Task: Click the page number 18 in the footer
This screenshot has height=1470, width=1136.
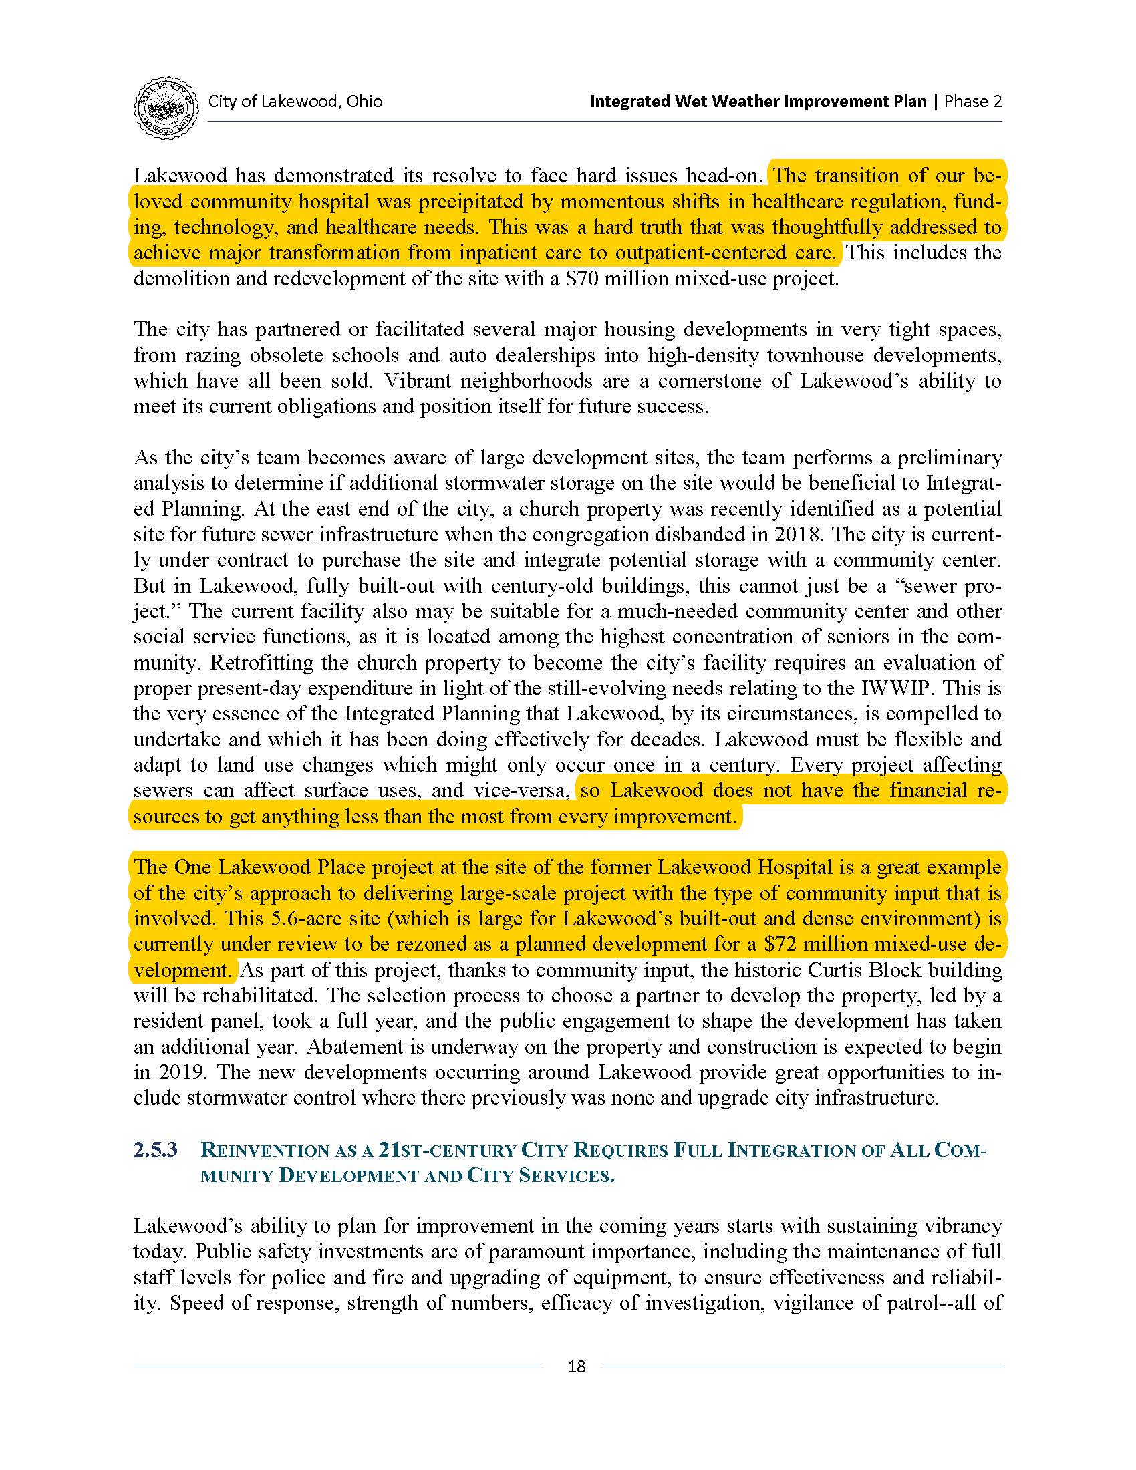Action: (x=577, y=1366)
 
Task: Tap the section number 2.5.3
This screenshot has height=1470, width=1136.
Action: (x=156, y=1150)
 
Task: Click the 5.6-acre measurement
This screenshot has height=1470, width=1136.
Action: (x=299, y=919)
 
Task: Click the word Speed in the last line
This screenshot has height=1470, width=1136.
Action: (x=196, y=1303)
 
